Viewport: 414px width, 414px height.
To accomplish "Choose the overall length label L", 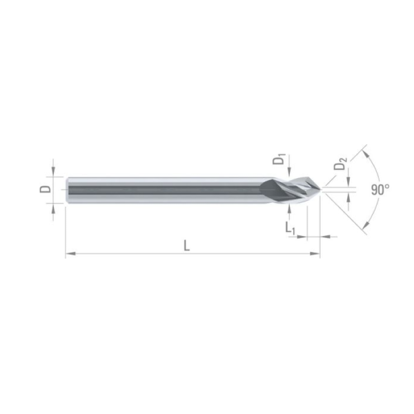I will (x=187, y=245).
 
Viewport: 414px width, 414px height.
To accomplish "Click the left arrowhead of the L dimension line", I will (x=69, y=255).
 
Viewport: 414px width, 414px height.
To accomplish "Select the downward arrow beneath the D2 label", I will (x=350, y=180).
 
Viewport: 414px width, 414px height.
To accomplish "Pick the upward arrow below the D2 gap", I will (x=350, y=198).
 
